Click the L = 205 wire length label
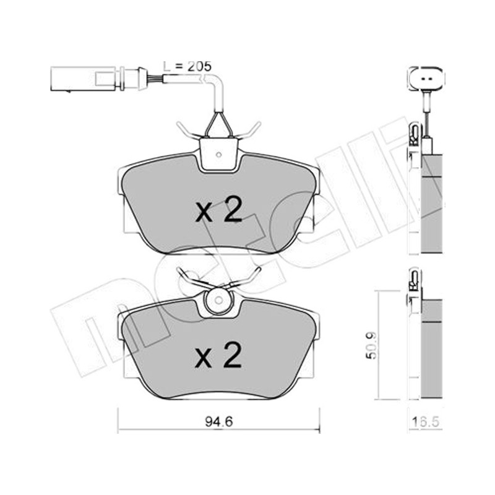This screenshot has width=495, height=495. (x=187, y=66)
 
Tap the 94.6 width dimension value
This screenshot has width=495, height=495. (x=218, y=422)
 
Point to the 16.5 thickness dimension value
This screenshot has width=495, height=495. (x=426, y=422)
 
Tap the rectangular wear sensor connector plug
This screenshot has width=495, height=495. (x=83, y=79)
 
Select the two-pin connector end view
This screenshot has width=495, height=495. (x=426, y=78)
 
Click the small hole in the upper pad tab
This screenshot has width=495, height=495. (x=218, y=155)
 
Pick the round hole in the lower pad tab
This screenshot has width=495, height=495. (x=218, y=300)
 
